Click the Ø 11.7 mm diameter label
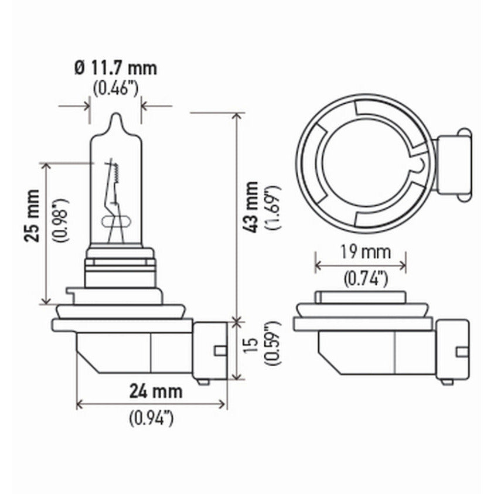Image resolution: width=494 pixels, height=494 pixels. [115, 69]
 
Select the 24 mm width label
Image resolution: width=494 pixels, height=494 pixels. [156, 391]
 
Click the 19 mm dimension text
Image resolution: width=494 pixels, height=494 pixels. [359, 253]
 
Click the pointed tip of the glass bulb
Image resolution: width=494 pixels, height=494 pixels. [115, 117]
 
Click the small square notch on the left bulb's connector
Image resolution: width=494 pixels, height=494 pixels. [220, 350]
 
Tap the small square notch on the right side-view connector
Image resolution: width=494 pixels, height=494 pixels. [462, 352]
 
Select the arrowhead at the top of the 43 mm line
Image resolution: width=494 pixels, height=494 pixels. [237, 115]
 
